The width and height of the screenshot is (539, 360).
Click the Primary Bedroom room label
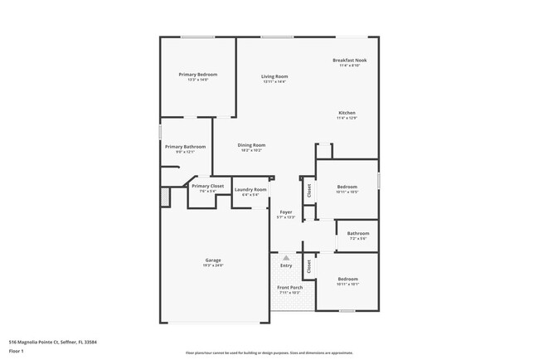(x=197, y=75)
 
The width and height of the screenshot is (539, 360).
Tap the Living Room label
(x=274, y=77)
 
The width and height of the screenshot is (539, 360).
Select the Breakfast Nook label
(x=349, y=61)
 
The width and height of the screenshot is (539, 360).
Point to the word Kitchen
(x=347, y=113)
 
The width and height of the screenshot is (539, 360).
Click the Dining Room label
(x=251, y=145)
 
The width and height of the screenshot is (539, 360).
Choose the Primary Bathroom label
(x=184, y=147)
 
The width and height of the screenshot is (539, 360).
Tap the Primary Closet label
(x=207, y=187)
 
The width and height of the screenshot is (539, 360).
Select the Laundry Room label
(x=250, y=190)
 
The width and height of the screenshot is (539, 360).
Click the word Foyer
(x=285, y=212)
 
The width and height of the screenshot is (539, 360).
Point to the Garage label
(x=213, y=260)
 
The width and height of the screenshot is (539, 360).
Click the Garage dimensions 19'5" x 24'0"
(x=213, y=265)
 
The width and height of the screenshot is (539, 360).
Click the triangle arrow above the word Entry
(x=286, y=257)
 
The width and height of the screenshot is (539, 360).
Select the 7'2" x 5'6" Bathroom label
(x=357, y=233)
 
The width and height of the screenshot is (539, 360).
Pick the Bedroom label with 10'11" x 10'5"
(x=347, y=187)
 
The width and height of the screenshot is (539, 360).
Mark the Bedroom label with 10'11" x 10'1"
(x=347, y=279)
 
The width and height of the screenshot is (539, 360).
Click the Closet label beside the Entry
(x=308, y=266)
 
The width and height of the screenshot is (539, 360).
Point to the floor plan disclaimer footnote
(x=269, y=353)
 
